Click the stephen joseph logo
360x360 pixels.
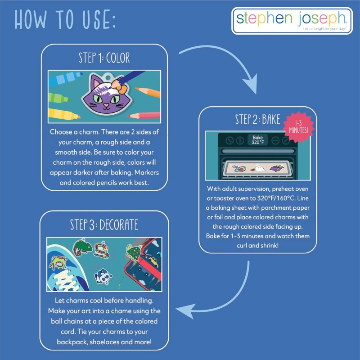(292, 21)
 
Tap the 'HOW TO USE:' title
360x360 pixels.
(65, 20)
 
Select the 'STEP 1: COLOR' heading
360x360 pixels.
(104, 58)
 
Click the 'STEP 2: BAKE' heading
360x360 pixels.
(257, 119)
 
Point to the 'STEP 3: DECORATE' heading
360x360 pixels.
(104, 225)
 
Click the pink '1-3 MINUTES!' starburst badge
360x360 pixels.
(298, 127)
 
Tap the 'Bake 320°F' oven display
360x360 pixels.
(257, 139)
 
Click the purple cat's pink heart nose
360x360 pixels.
(106, 105)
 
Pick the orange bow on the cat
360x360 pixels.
(119, 86)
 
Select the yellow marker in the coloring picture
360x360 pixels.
(64, 114)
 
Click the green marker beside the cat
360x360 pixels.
(59, 98)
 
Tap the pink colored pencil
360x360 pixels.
(143, 115)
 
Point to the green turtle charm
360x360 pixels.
(133, 252)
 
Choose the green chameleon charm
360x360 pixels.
(82, 247)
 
